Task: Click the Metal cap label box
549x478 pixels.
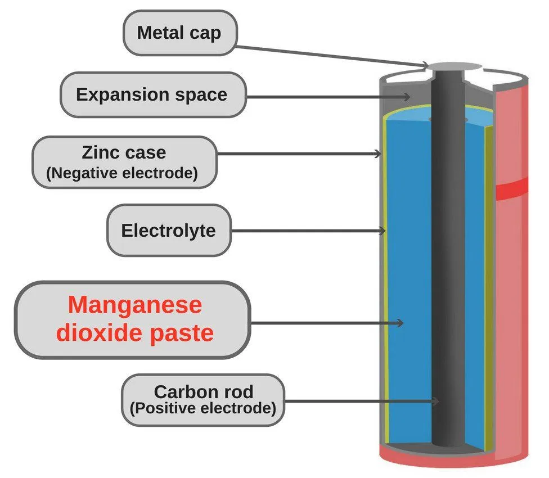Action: (179, 32)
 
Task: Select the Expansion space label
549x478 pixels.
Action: (152, 94)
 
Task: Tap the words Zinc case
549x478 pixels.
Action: (124, 152)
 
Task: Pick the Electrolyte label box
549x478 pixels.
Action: (168, 230)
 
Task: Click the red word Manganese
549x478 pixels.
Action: (134, 305)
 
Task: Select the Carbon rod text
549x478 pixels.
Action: (204, 391)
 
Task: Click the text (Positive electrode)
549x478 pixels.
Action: (203, 408)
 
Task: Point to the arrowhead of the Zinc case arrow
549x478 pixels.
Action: (380, 154)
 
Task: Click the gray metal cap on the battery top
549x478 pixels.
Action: (455, 67)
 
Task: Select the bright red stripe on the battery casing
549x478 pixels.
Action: (512, 189)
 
